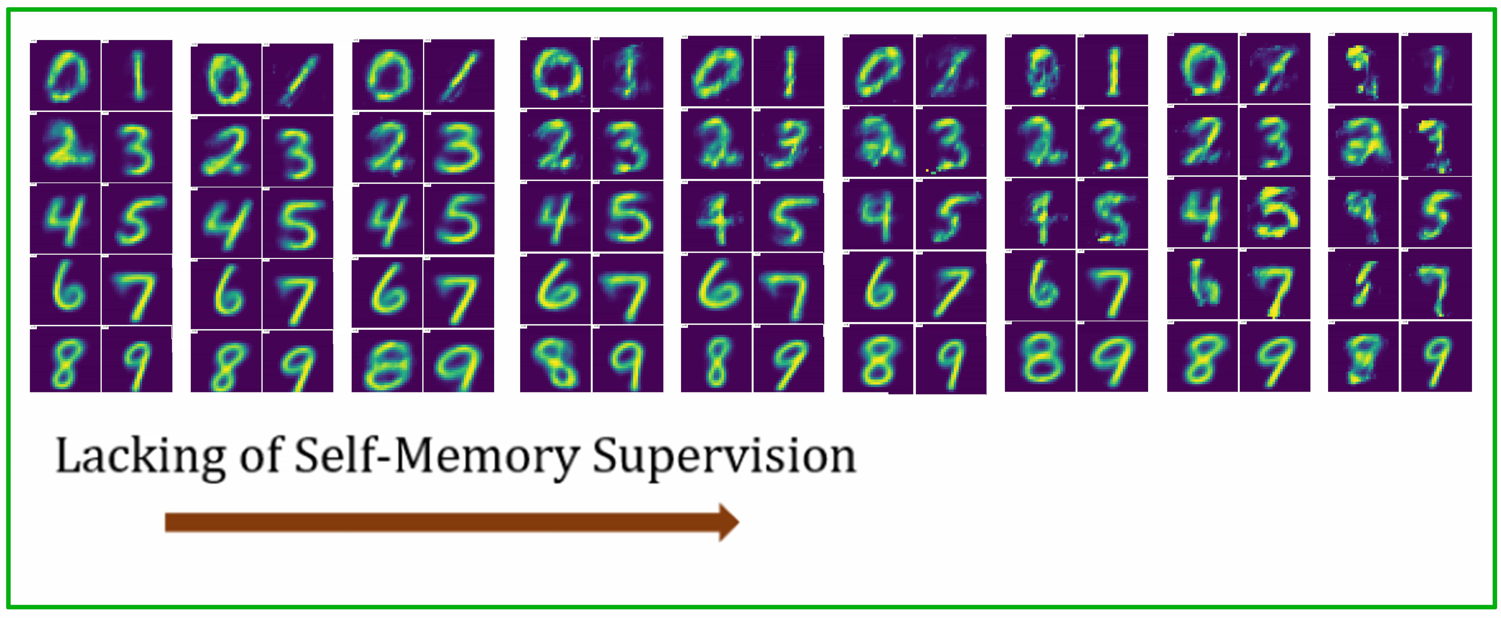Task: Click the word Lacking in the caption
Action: pyautogui.click(x=140, y=458)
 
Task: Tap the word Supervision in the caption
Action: pyautogui.click(x=724, y=458)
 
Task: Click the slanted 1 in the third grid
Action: pyautogui.click(x=459, y=75)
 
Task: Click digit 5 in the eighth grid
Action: pyautogui.click(x=1275, y=213)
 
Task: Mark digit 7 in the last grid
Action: pyautogui.click(x=1436, y=285)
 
